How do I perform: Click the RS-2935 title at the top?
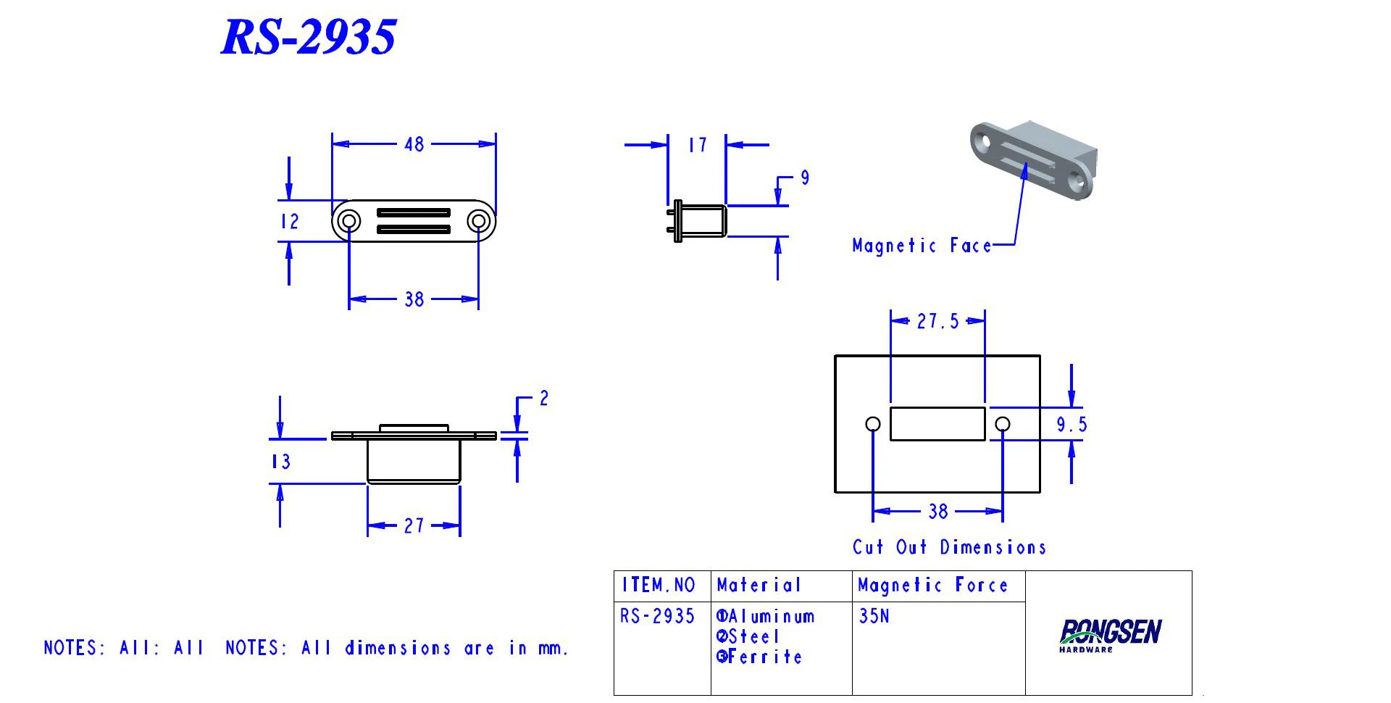309,36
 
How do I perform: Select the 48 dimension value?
414,144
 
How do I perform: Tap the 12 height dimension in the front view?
290,222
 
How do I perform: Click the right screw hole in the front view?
478,220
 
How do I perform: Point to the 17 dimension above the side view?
697,146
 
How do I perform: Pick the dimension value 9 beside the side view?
805,178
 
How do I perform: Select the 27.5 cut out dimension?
937,321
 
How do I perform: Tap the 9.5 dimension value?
1072,425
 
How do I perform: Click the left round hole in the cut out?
873,424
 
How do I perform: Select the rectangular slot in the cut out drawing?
937,424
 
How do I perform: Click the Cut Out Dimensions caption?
949,547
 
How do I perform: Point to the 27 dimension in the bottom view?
414,525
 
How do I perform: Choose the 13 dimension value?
281,462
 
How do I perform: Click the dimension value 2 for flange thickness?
544,399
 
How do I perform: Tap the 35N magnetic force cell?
874,616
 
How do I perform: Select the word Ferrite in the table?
765,657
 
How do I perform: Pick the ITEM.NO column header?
659,586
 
